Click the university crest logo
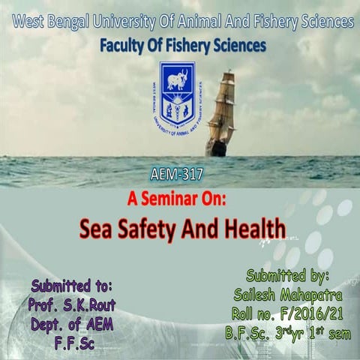[178, 95]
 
